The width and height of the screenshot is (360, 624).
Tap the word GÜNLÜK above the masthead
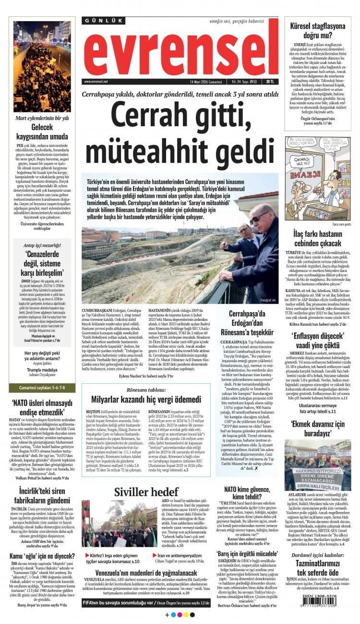[104, 21]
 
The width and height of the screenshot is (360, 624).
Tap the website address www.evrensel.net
[96, 82]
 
